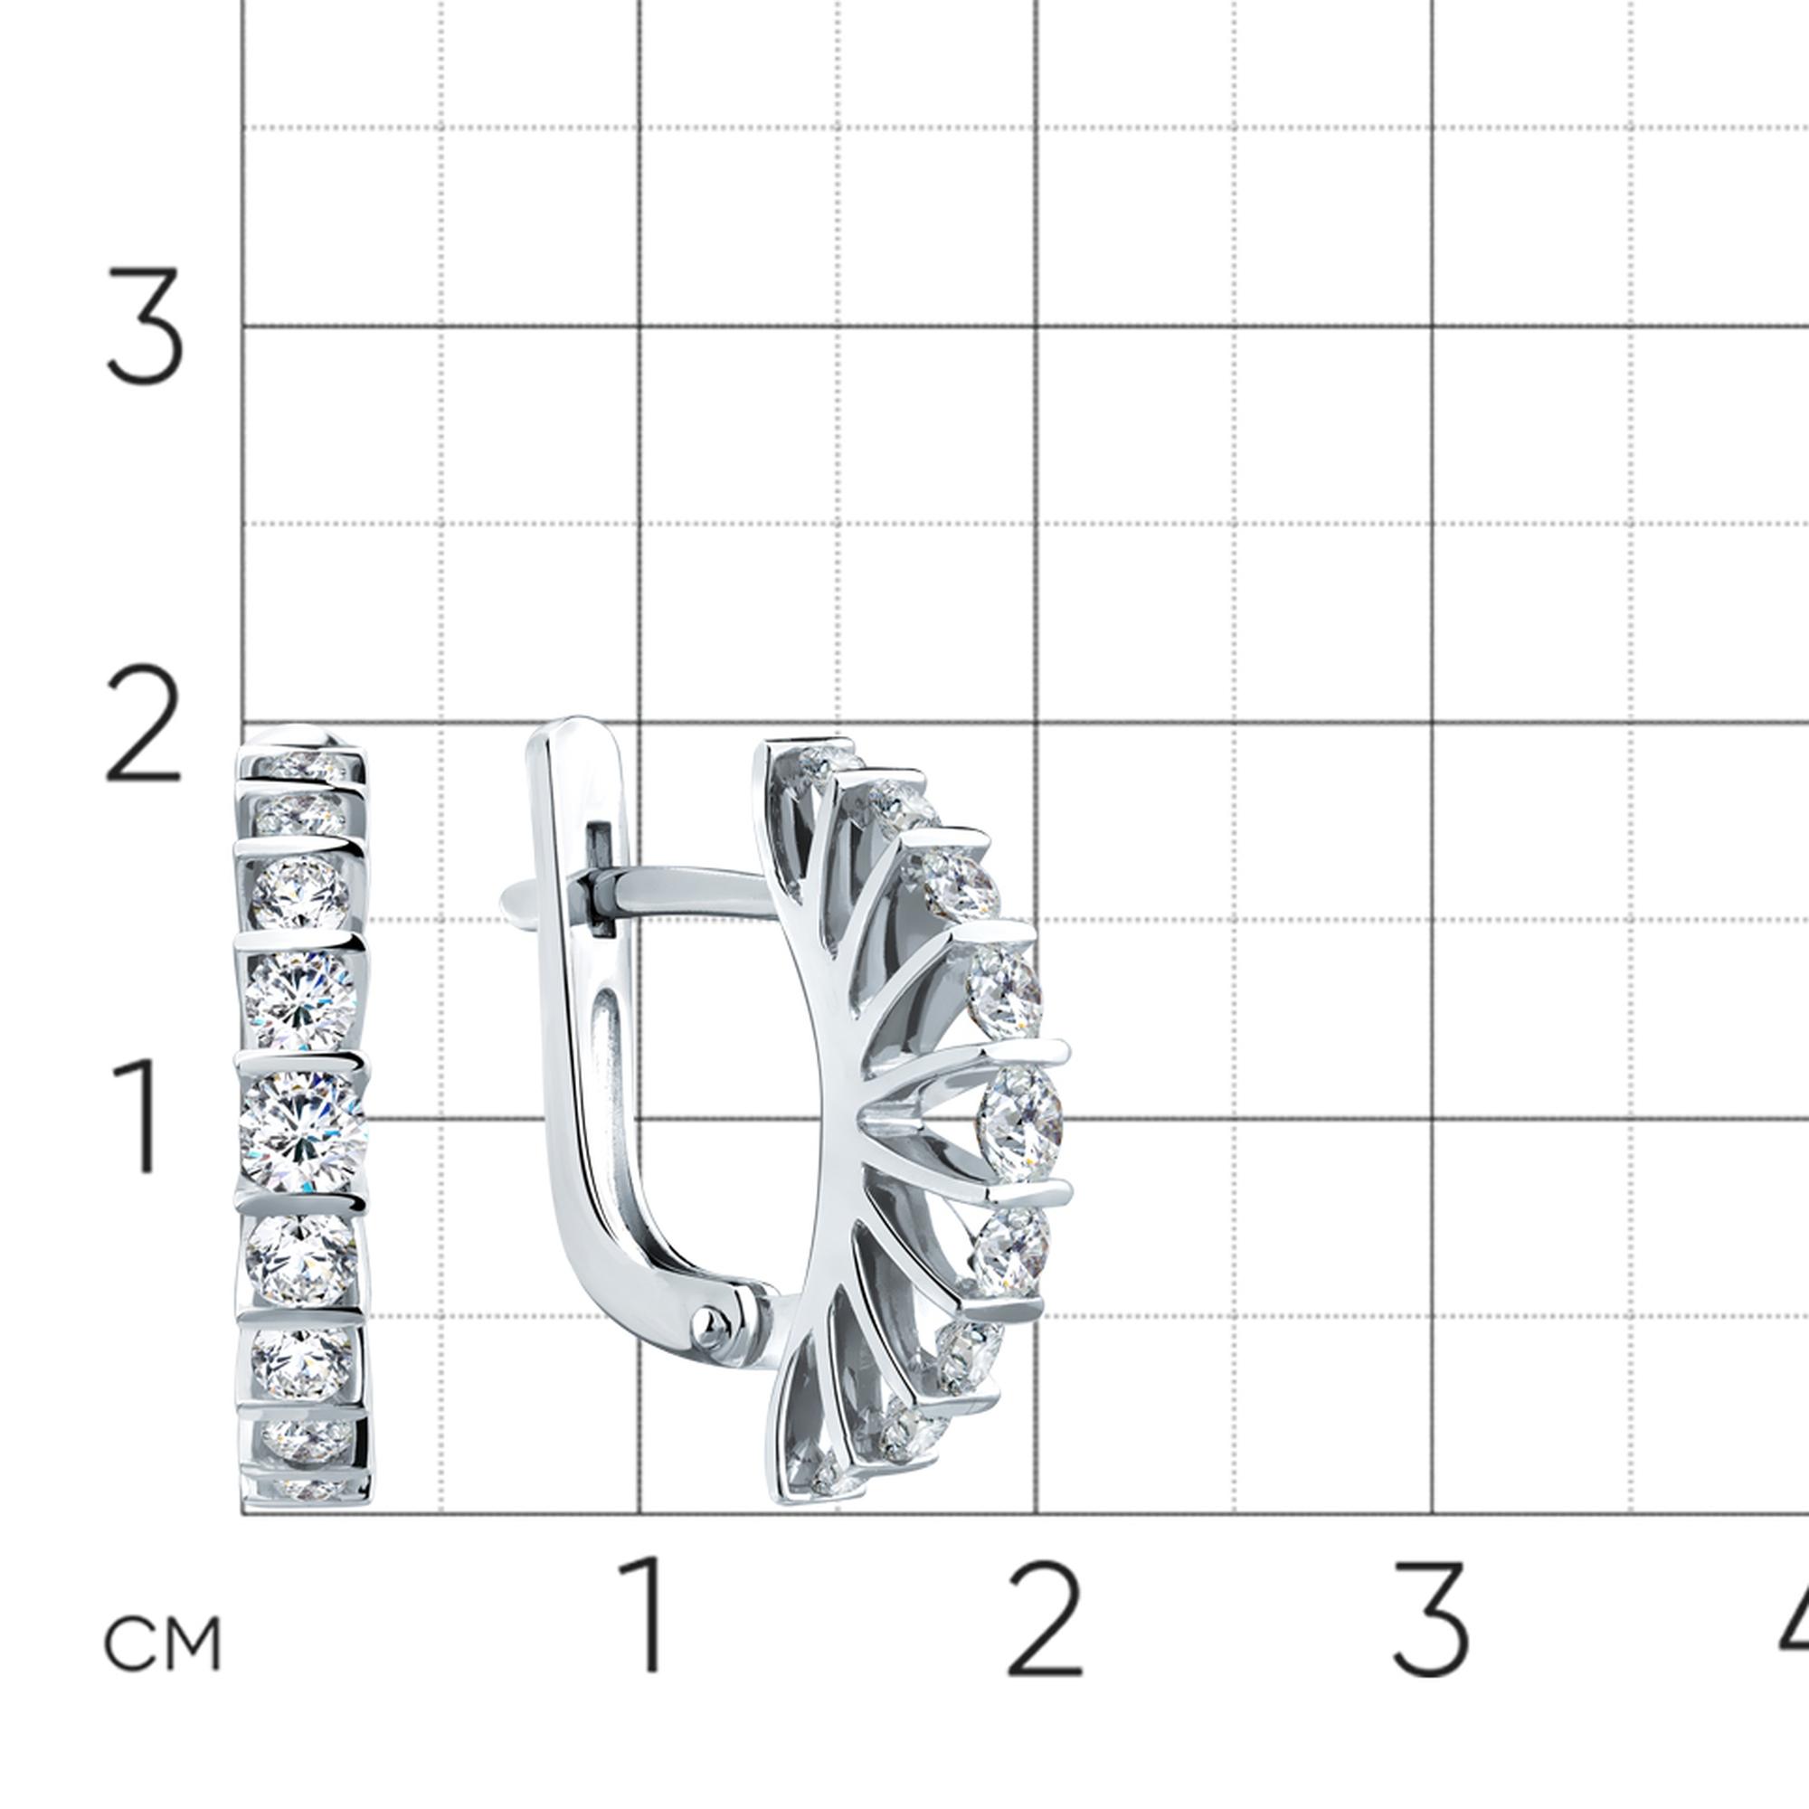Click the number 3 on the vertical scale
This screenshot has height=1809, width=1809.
coord(144,326)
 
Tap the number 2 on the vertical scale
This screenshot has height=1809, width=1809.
coord(142,723)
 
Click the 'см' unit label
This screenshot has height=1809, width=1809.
coord(162,1643)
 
